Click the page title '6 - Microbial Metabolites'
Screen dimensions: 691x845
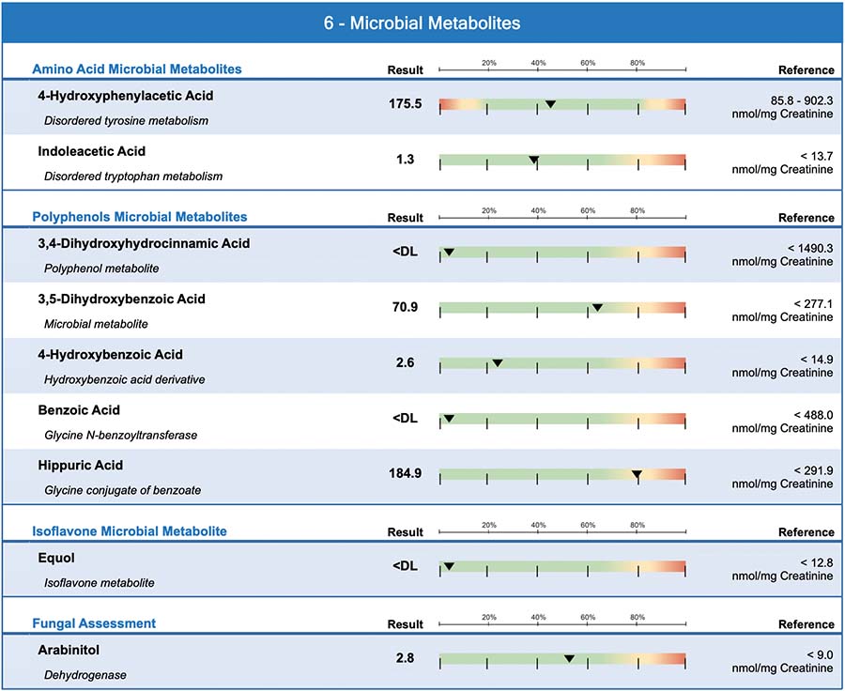(422, 23)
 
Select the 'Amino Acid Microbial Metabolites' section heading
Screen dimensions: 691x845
(137, 69)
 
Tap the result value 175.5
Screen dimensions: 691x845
(405, 104)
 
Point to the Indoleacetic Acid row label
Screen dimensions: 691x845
(91, 151)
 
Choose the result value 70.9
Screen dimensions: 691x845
(405, 307)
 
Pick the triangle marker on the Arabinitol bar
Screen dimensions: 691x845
(569, 658)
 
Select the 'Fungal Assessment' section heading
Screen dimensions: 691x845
(94, 623)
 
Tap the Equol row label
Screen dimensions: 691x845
(56, 558)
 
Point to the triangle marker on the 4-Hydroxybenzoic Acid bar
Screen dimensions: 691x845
(498, 362)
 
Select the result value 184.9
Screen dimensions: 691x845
(405, 473)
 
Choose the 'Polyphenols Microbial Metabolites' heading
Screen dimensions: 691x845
(140, 217)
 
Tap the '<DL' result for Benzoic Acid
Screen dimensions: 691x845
(405, 418)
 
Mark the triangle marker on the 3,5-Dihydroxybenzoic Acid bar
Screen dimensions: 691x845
(597, 307)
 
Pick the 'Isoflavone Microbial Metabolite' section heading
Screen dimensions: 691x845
(130, 531)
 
